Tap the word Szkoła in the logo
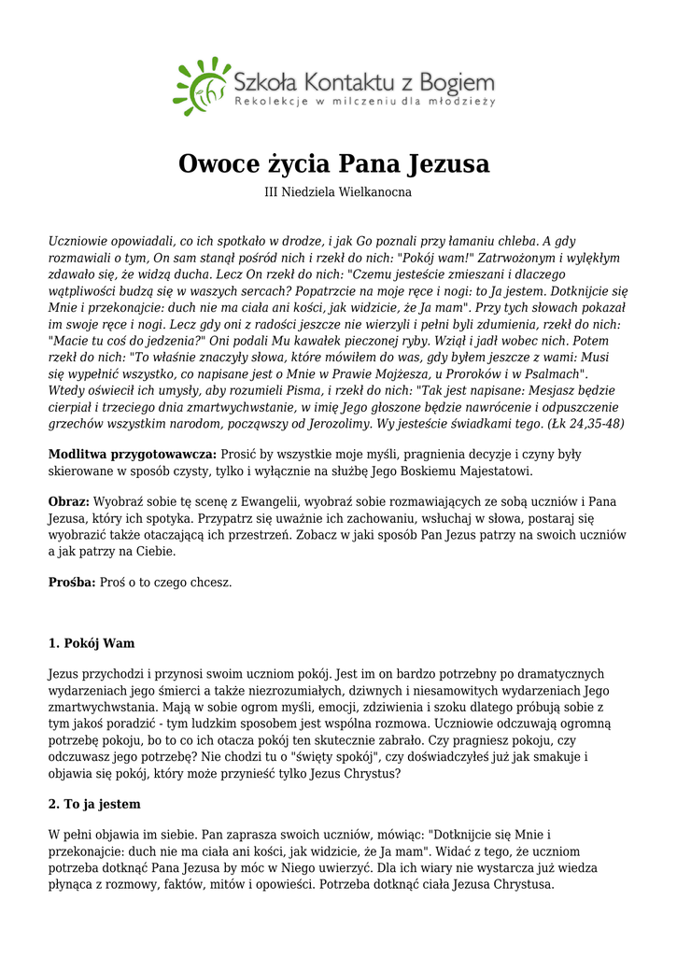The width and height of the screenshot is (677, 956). click(x=264, y=78)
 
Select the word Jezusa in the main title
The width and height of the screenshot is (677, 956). click(x=448, y=164)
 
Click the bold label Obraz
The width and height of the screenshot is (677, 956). click(x=69, y=501)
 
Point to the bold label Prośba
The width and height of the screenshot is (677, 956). click(x=72, y=582)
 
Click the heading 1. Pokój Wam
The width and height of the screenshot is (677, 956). click(x=92, y=643)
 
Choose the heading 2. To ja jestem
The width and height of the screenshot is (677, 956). click(x=94, y=804)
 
